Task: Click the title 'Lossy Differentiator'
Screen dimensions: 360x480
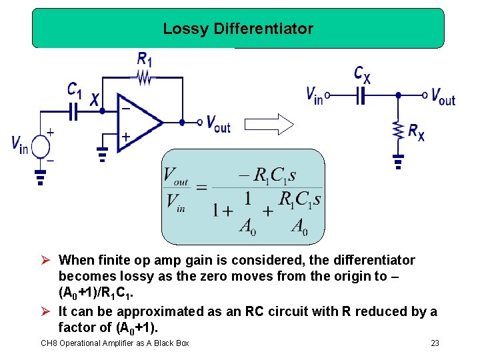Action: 238,29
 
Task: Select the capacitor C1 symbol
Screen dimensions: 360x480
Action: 74,113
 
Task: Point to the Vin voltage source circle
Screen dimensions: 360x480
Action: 41,145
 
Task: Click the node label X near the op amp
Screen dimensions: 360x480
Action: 95,100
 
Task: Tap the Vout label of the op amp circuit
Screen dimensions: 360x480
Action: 218,123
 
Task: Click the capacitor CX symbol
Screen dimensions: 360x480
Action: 361,96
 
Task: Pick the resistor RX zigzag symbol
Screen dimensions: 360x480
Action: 398,130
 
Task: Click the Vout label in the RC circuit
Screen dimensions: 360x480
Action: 443,98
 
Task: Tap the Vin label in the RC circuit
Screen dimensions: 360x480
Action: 314,96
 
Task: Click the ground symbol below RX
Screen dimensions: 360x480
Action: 398,161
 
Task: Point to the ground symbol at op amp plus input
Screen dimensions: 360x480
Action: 102,155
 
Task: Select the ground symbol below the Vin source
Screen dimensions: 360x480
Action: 41,177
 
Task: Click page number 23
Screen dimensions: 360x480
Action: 435,343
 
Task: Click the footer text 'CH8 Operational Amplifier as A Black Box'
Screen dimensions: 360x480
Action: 115,343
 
